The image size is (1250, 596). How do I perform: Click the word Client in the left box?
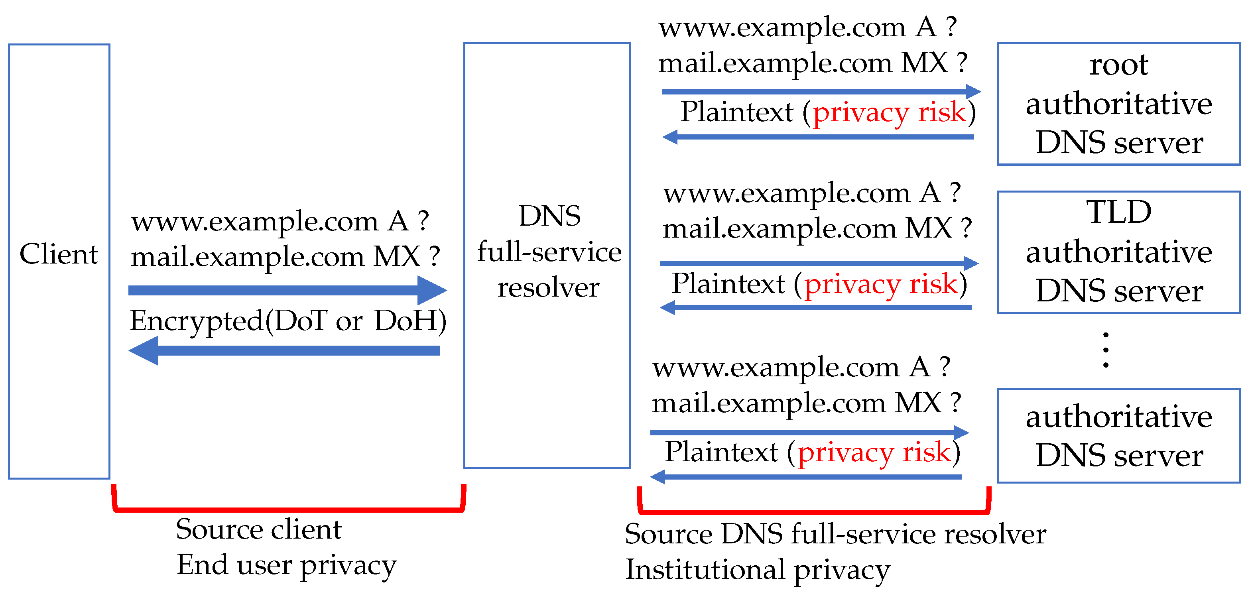pyautogui.click(x=59, y=254)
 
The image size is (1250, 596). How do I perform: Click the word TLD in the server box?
pyautogui.click(x=1118, y=212)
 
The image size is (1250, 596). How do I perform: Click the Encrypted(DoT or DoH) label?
pyautogui.click(x=288, y=321)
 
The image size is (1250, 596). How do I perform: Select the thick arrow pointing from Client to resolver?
pyautogui.click(x=286, y=290)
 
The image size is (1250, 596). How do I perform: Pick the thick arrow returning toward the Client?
pyautogui.click(x=286, y=350)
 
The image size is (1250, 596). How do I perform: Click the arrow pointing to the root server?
pyautogui.click(x=820, y=91)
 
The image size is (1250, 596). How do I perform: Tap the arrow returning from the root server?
pyautogui.click(x=820, y=137)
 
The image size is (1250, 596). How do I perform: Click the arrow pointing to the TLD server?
pyautogui.click(x=818, y=263)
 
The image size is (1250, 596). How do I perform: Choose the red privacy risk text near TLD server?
pyautogui.click(x=880, y=284)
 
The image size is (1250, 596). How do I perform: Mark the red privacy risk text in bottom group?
pyautogui.click(x=874, y=452)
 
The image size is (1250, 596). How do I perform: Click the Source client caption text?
pyautogui.click(x=259, y=529)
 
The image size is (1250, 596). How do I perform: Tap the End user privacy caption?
pyautogui.click(x=286, y=565)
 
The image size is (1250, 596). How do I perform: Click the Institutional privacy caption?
pyautogui.click(x=757, y=570)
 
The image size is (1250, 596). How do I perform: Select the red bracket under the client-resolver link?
pyautogui.click(x=288, y=509)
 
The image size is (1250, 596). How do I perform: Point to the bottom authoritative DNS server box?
pyautogui.click(x=1118, y=435)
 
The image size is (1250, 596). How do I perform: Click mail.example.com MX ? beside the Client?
pyautogui.click(x=285, y=257)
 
